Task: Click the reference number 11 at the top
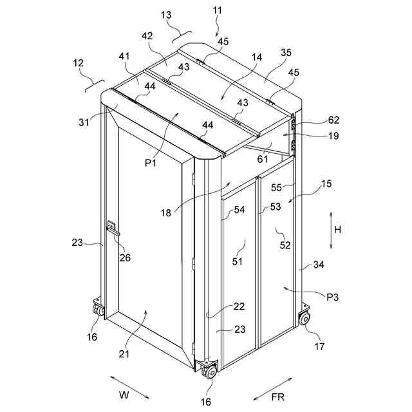coord(217,10)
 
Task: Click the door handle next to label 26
coord(113,228)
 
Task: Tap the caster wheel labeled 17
coord(304,318)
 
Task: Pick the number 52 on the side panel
coord(285,245)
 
